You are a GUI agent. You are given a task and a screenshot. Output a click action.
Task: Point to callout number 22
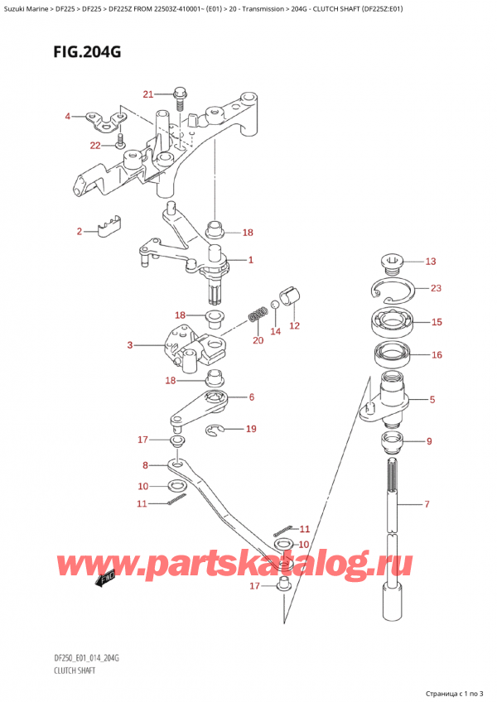[95, 146]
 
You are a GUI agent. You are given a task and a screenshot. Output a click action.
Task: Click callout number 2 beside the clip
[80, 232]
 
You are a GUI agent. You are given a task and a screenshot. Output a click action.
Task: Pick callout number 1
[250, 260]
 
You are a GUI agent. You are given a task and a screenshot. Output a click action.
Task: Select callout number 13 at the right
[429, 262]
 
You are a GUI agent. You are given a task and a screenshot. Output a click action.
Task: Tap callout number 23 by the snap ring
[437, 289]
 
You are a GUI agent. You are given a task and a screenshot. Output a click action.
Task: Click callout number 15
[437, 322]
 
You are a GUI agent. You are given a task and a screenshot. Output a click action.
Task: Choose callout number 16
[437, 355]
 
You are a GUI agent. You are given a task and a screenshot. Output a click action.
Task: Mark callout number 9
[429, 441]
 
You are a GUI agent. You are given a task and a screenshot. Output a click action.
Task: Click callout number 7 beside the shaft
[427, 504]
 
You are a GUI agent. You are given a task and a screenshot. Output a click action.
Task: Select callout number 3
[130, 345]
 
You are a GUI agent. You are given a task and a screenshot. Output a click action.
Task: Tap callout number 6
[250, 397]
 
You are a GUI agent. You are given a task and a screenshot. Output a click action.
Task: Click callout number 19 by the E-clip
[251, 429]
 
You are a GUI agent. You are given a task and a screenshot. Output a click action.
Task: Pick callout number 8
[146, 465]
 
